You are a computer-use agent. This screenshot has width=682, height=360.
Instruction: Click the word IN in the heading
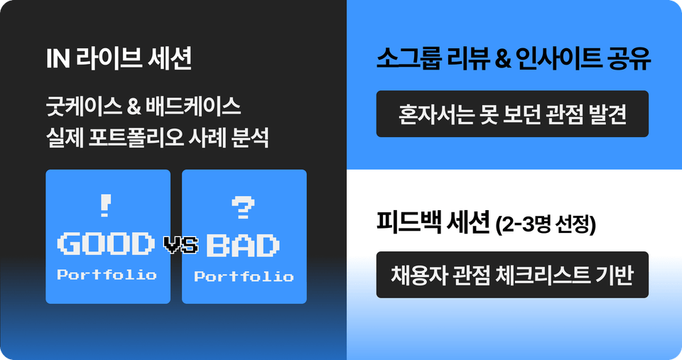57,60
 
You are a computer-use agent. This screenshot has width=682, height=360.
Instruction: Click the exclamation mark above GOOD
107,206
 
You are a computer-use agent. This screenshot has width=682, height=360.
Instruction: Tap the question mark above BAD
244,207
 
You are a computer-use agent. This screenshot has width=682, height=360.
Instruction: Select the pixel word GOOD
107,244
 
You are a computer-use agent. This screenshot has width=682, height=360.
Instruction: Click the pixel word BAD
242,246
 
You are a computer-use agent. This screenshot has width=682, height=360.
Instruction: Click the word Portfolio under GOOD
107,275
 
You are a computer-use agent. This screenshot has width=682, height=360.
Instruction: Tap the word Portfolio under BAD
244,276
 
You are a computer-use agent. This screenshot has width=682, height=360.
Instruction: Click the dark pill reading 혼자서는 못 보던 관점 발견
512,114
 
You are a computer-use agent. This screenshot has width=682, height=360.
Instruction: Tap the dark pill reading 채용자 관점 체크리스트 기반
512,275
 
